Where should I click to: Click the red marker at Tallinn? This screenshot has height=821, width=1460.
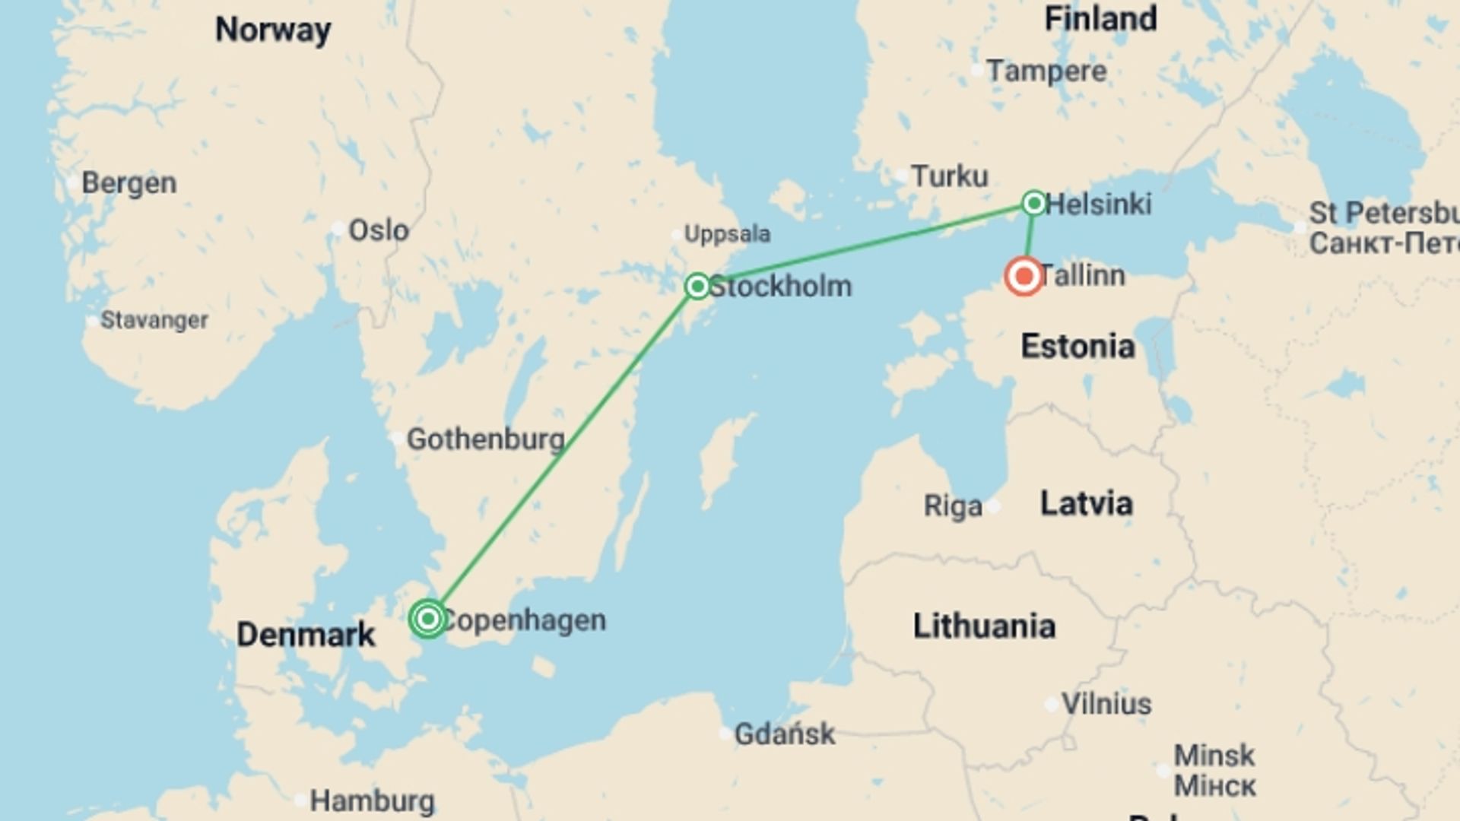click(1024, 276)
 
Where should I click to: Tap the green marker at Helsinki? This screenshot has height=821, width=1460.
click(1033, 203)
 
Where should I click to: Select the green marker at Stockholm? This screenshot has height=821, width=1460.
click(697, 286)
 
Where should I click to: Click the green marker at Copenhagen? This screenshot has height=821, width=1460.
click(428, 619)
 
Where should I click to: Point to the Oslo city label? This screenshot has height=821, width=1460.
click(378, 230)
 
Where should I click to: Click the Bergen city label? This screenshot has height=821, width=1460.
click(129, 183)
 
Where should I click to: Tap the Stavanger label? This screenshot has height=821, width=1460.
click(154, 320)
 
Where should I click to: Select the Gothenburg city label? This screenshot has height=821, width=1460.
click(485, 439)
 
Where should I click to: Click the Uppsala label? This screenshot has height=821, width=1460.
click(727, 234)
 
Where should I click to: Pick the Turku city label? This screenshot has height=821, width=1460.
click(950, 176)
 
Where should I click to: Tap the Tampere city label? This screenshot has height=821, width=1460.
click(1046, 71)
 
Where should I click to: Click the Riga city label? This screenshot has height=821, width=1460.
click(953, 506)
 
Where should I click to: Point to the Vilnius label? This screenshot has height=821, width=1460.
click(1106, 704)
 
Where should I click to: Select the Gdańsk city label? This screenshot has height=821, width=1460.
click(784, 734)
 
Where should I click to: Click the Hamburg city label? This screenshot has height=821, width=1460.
click(372, 800)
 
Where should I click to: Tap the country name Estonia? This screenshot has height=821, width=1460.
click(1078, 347)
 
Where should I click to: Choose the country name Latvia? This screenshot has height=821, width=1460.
click(1086, 503)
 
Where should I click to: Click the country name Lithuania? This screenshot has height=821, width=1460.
click(984, 626)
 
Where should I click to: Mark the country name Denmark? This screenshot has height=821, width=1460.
click(306, 635)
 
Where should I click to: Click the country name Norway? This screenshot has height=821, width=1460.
click(273, 30)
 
